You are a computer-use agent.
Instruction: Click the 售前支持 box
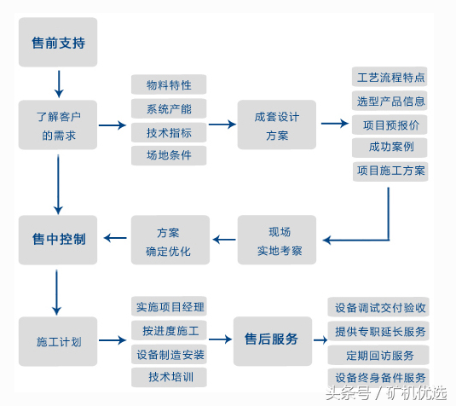[58, 43]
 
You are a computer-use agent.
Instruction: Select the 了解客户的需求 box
[59, 125]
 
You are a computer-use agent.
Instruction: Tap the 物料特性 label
[169, 85]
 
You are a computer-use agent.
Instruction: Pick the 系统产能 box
[169, 109]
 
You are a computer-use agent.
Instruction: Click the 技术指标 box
[169, 133]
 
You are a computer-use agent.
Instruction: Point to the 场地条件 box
[169, 156]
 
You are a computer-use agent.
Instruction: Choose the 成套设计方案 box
[277, 125]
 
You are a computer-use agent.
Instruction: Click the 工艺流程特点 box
[390, 78]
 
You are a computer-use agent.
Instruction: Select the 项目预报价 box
[390, 125]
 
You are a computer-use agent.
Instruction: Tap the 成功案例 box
[390, 148]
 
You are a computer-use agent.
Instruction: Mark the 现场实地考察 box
[277, 241]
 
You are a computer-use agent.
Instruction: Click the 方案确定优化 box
[169, 241]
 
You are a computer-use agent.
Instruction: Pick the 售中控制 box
[58, 240]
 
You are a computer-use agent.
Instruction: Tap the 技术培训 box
[170, 376]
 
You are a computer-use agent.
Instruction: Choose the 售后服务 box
[271, 339]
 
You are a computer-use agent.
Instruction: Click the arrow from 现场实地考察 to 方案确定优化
[223, 241]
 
